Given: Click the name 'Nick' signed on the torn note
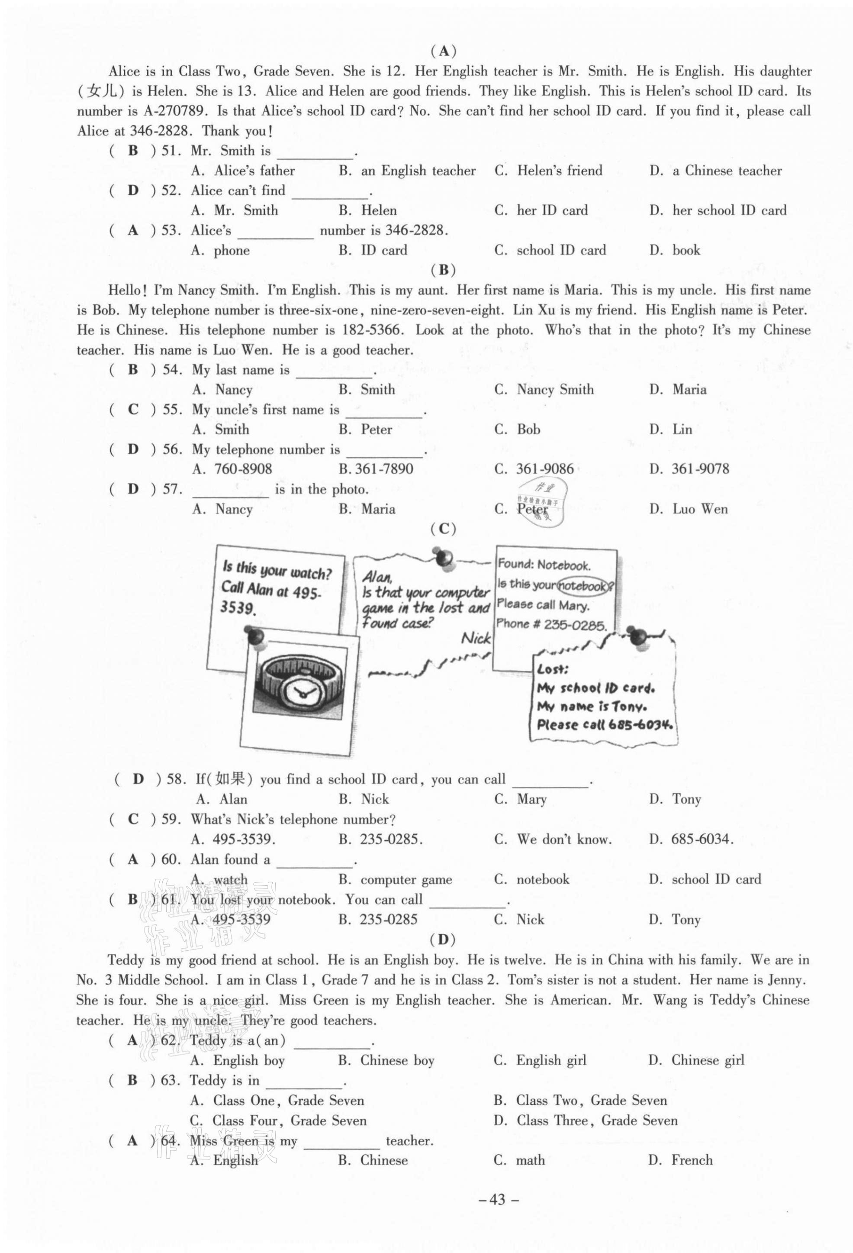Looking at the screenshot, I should pyautogui.click(x=476, y=638).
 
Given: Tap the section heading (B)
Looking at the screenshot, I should pyautogui.click(x=443, y=270).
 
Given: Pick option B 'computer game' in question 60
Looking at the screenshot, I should pyautogui.click(x=396, y=879).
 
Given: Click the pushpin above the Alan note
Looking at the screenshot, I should pyautogui.click(x=445, y=556).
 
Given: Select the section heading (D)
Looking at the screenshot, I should pyautogui.click(x=443, y=939).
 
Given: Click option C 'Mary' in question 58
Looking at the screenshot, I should pyautogui.click(x=521, y=799).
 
